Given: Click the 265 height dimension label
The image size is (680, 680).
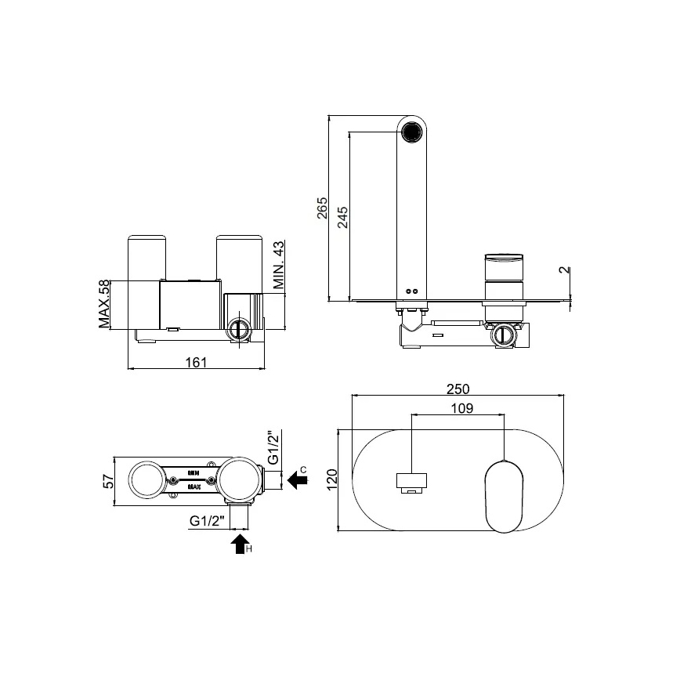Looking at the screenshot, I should pos(322,210).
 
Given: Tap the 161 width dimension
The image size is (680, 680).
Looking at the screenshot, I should pos(197,361).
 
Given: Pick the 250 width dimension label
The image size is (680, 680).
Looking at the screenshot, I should pos(458,389).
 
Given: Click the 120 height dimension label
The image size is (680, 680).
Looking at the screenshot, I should pos(331,479).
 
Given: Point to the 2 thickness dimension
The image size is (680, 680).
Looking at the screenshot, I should pos(563,272).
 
